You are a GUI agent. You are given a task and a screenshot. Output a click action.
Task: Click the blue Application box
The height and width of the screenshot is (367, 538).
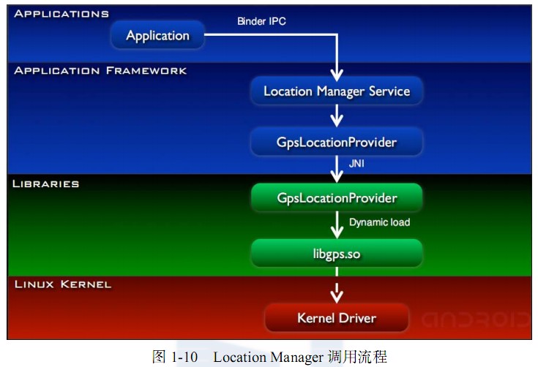click(157, 35)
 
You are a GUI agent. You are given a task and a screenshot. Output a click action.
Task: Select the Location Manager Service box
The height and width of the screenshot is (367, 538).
click(336, 91)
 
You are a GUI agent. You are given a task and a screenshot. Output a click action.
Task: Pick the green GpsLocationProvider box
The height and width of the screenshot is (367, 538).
click(336, 197)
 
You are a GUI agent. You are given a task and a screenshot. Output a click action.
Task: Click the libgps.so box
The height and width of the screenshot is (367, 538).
click(336, 253)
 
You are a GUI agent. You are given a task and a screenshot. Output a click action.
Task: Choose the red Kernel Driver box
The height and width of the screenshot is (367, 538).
click(336, 317)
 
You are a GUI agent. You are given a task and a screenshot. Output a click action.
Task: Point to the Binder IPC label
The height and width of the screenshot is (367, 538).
click(261, 21)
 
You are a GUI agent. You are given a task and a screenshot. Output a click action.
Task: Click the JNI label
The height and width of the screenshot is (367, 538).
click(356, 164)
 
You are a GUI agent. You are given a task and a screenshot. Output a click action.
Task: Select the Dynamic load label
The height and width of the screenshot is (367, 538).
click(379, 222)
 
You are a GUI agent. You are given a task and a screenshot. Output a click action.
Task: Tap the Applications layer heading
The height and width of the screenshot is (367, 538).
click(61, 14)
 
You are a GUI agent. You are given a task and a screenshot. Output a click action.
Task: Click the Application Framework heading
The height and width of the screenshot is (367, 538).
click(100, 71)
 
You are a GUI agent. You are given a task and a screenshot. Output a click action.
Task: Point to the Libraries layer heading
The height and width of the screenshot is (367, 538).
click(46, 183)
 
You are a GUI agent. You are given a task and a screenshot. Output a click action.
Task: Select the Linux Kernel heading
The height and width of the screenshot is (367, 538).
click(63, 284)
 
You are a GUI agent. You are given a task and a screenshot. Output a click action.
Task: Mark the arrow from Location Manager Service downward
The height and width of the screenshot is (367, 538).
click(336, 115)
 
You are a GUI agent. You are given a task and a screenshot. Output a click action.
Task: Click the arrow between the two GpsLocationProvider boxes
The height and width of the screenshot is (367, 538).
click(336, 169)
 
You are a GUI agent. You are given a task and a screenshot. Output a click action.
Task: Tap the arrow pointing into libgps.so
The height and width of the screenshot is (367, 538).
click(336, 225)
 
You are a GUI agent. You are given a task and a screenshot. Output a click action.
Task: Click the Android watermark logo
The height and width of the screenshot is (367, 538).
click(475, 319)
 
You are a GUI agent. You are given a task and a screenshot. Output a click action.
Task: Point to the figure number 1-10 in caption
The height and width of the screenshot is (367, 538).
click(184, 357)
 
